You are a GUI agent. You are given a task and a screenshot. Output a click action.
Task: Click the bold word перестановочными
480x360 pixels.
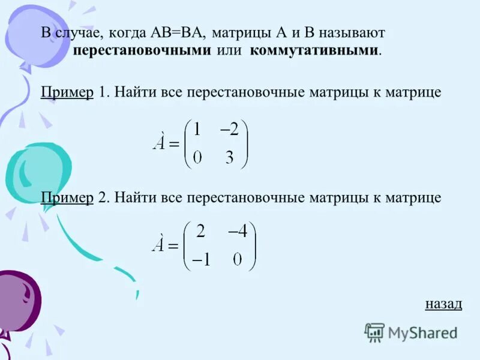coord(142,50)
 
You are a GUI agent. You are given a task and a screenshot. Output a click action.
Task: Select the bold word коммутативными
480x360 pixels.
coord(314,50)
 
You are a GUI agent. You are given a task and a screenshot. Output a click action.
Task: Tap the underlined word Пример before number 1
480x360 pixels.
coord(67,92)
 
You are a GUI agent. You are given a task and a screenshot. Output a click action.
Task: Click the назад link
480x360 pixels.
coord(443,303)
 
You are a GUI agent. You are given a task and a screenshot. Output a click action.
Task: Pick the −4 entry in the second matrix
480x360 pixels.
coord(237,232)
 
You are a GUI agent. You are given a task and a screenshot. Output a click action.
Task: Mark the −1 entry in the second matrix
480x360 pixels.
coord(200,260)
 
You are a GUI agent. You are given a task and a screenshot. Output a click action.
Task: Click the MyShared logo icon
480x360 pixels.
coord(374,332)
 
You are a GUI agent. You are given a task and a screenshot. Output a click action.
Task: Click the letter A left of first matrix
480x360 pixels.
coord(159,145)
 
